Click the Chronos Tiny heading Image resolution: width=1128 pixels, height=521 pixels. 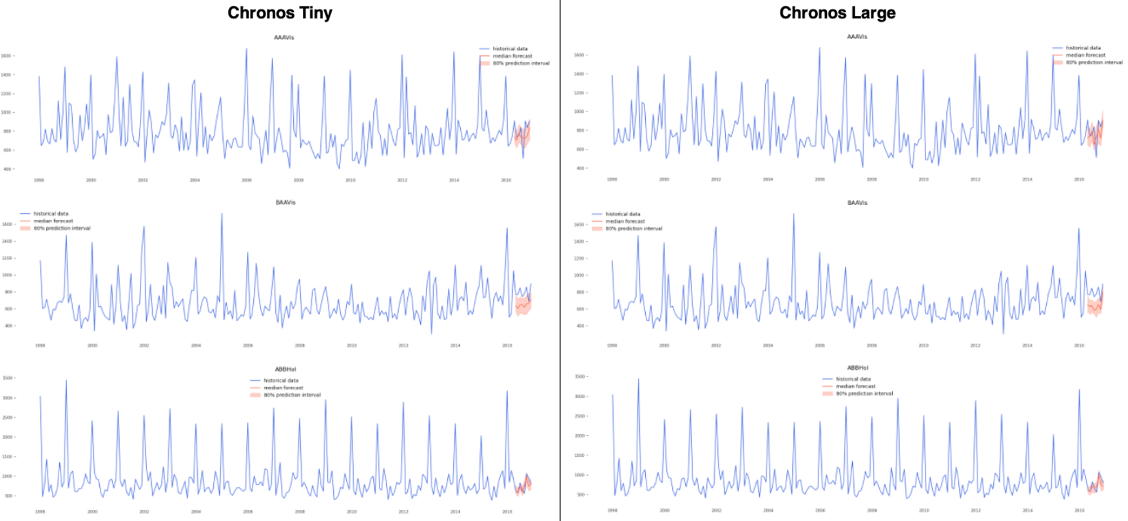click(280, 13)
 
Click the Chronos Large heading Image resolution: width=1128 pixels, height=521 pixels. click(837, 13)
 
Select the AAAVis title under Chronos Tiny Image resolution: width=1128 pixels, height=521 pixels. click(284, 38)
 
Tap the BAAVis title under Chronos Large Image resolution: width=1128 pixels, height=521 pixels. click(857, 203)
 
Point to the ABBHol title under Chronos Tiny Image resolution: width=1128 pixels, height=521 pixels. click(285, 369)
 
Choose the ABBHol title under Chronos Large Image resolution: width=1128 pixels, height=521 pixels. click(857, 368)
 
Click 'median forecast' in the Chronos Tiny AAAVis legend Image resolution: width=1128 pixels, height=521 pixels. click(512, 56)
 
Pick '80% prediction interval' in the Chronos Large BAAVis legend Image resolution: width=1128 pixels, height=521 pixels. click(633, 229)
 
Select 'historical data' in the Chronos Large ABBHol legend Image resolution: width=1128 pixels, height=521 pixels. click(853, 379)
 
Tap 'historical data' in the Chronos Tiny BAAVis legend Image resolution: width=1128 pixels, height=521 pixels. click(51, 214)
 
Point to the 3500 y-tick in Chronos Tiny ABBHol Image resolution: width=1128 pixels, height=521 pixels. click(7, 378)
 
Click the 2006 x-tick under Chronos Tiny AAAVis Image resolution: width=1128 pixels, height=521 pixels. click(246, 180)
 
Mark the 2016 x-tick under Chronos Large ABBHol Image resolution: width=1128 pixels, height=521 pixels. click(1079, 510)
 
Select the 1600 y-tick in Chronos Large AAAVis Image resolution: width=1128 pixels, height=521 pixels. click(579, 55)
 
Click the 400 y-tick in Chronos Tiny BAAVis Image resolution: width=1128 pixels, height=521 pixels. click(7, 326)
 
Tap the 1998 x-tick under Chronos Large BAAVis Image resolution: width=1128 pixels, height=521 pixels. click(612, 346)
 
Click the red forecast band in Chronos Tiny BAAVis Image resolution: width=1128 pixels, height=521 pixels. click(523, 306)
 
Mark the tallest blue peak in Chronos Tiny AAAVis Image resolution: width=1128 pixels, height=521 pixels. click(246, 50)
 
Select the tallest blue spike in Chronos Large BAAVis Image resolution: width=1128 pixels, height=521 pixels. click(794, 215)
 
